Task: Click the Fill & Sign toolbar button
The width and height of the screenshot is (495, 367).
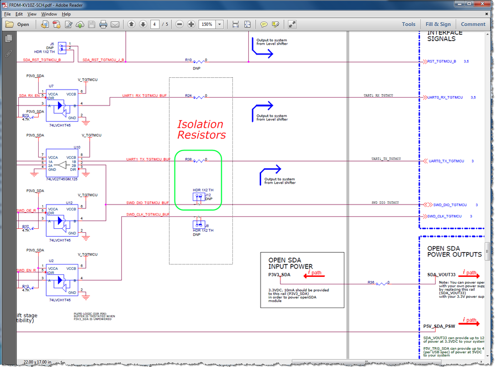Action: click(438, 24)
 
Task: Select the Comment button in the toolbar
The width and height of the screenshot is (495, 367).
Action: click(473, 24)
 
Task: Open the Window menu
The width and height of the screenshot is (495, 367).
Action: click(49, 14)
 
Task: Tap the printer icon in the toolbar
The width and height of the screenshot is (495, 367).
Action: click(103, 24)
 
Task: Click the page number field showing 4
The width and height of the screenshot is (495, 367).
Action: click(156, 24)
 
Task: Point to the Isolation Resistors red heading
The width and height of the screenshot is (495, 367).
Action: click(201, 129)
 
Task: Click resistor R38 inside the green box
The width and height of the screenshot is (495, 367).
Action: click(199, 160)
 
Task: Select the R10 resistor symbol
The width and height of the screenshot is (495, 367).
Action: click(199, 61)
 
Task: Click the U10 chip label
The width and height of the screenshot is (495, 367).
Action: click(77, 147)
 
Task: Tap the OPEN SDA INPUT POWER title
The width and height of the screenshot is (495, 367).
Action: click(290, 263)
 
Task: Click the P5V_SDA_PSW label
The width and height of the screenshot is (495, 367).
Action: click(439, 326)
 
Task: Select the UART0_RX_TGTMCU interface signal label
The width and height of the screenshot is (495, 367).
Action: click(444, 98)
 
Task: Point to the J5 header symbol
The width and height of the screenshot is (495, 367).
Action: click(62, 47)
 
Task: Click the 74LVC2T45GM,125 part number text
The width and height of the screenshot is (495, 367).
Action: click(62, 179)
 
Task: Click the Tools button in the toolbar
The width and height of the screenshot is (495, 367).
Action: click(408, 24)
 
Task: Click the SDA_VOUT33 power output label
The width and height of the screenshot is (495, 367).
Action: click(441, 274)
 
